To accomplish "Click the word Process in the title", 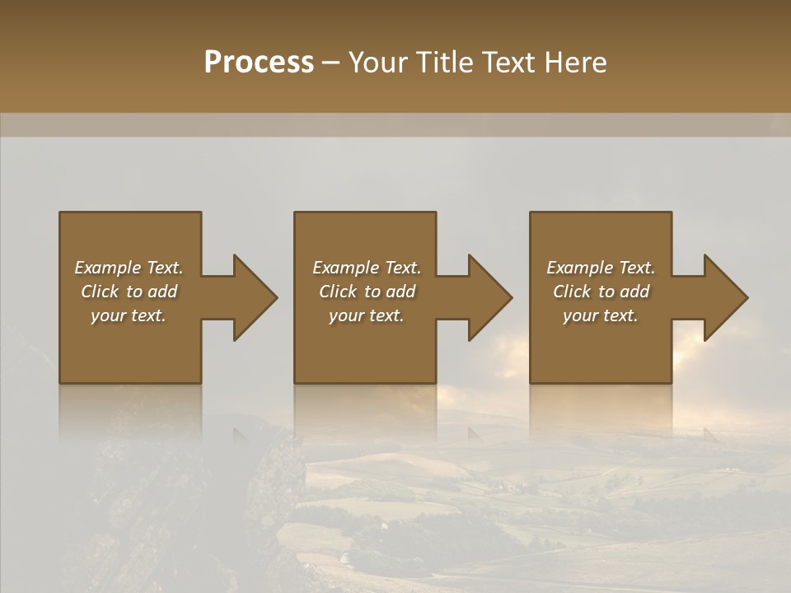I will [259, 63].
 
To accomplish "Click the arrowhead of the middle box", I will [489, 297].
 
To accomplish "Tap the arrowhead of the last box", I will [725, 297].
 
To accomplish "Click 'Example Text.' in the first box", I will [129, 268].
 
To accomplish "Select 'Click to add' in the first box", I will [129, 292].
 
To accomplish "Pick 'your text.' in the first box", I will [129, 315].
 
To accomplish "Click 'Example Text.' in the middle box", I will [367, 268].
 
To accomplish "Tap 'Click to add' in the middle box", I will [367, 292].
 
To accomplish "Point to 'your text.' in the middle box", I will [367, 315].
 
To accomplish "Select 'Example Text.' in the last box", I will [601, 268].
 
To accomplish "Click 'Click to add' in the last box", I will [601, 292].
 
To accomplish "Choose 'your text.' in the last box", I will [601, 315].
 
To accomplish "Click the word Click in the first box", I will [100, 292].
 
